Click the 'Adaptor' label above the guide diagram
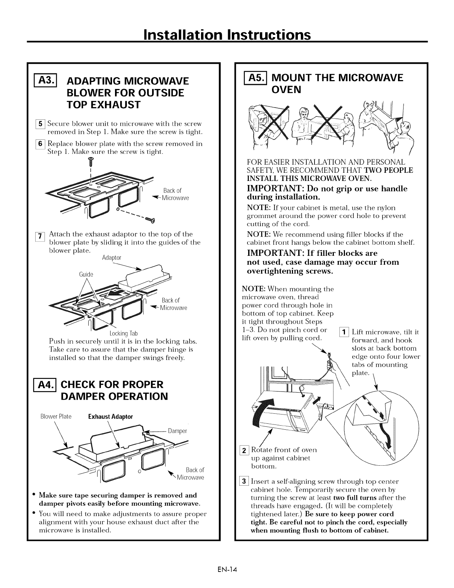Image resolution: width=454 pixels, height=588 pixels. pos(111,257)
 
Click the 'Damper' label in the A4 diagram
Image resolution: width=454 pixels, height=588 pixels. pos(177,431)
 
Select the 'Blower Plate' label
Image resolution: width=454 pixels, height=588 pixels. pos(56,416)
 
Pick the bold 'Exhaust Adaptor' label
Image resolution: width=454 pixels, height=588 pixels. pos(110,416)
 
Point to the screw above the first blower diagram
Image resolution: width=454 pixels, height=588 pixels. pos(91,161)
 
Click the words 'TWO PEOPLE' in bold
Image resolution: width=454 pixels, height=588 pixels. pos(388,170)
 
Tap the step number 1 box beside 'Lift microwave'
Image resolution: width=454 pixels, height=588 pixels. pos(344,331)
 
